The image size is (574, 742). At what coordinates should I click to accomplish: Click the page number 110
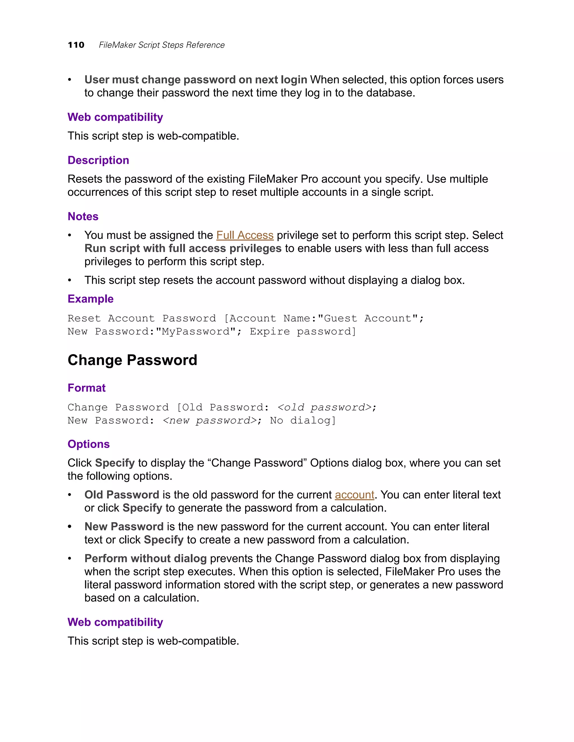coord(76,45)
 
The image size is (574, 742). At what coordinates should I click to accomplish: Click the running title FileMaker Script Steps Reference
coord(161,45)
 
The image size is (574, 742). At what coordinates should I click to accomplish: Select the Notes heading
coord(83,216)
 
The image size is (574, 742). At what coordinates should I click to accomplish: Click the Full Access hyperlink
coord(245,235)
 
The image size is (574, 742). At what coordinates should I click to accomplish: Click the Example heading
coord(91,299)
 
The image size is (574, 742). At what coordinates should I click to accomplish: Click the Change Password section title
coord(132,360)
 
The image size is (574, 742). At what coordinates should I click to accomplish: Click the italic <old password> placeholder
coord(324,407)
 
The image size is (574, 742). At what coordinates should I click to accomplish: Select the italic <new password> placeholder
coord(209,420)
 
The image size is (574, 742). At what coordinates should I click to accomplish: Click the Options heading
coord(88,444)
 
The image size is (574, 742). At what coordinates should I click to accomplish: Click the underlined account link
coord(354,495)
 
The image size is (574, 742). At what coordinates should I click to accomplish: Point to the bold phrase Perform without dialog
coord(145,558)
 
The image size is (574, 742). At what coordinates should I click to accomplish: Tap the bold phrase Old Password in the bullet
coord(122,495)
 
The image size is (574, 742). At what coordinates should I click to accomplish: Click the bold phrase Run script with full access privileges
coord(183,248)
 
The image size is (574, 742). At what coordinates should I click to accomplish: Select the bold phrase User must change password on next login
coord(196,80)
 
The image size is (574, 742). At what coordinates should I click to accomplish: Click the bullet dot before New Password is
coord(70,527)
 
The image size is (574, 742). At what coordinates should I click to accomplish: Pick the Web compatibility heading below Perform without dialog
coord(115,622)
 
